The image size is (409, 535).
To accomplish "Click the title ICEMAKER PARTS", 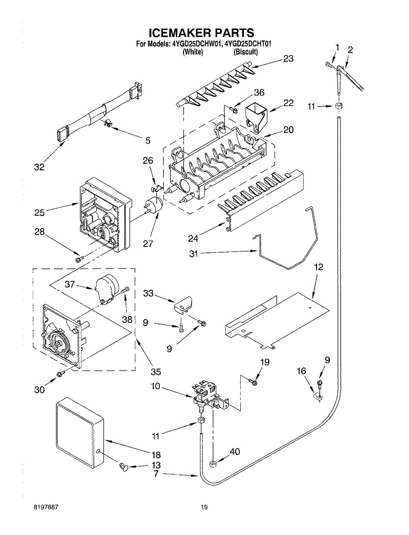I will point(201,33).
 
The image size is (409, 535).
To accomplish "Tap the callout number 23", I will point(288,58).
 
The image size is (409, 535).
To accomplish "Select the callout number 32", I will point(39,167).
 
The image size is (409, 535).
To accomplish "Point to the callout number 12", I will point(318,267).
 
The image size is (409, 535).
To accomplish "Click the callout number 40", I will point(234,452).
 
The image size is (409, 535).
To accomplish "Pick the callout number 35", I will point(155,371).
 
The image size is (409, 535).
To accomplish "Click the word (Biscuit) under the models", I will point(246,52).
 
